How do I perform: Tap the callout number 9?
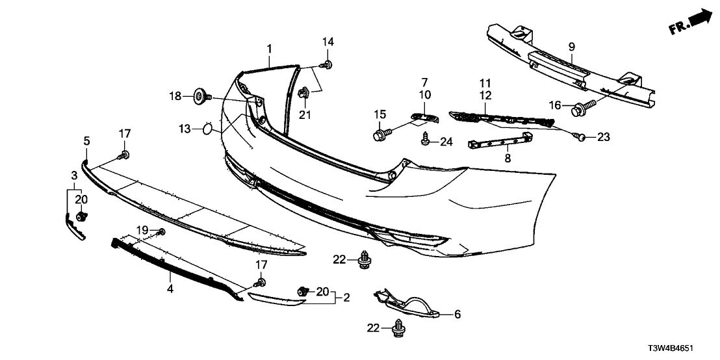571,47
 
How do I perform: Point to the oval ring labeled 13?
207,129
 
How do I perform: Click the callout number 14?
328,42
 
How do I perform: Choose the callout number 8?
508,159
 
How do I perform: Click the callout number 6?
457,315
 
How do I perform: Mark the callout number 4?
170,289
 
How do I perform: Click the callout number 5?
87,141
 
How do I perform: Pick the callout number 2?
346,298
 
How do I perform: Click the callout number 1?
270,49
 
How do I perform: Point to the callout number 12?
485,96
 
